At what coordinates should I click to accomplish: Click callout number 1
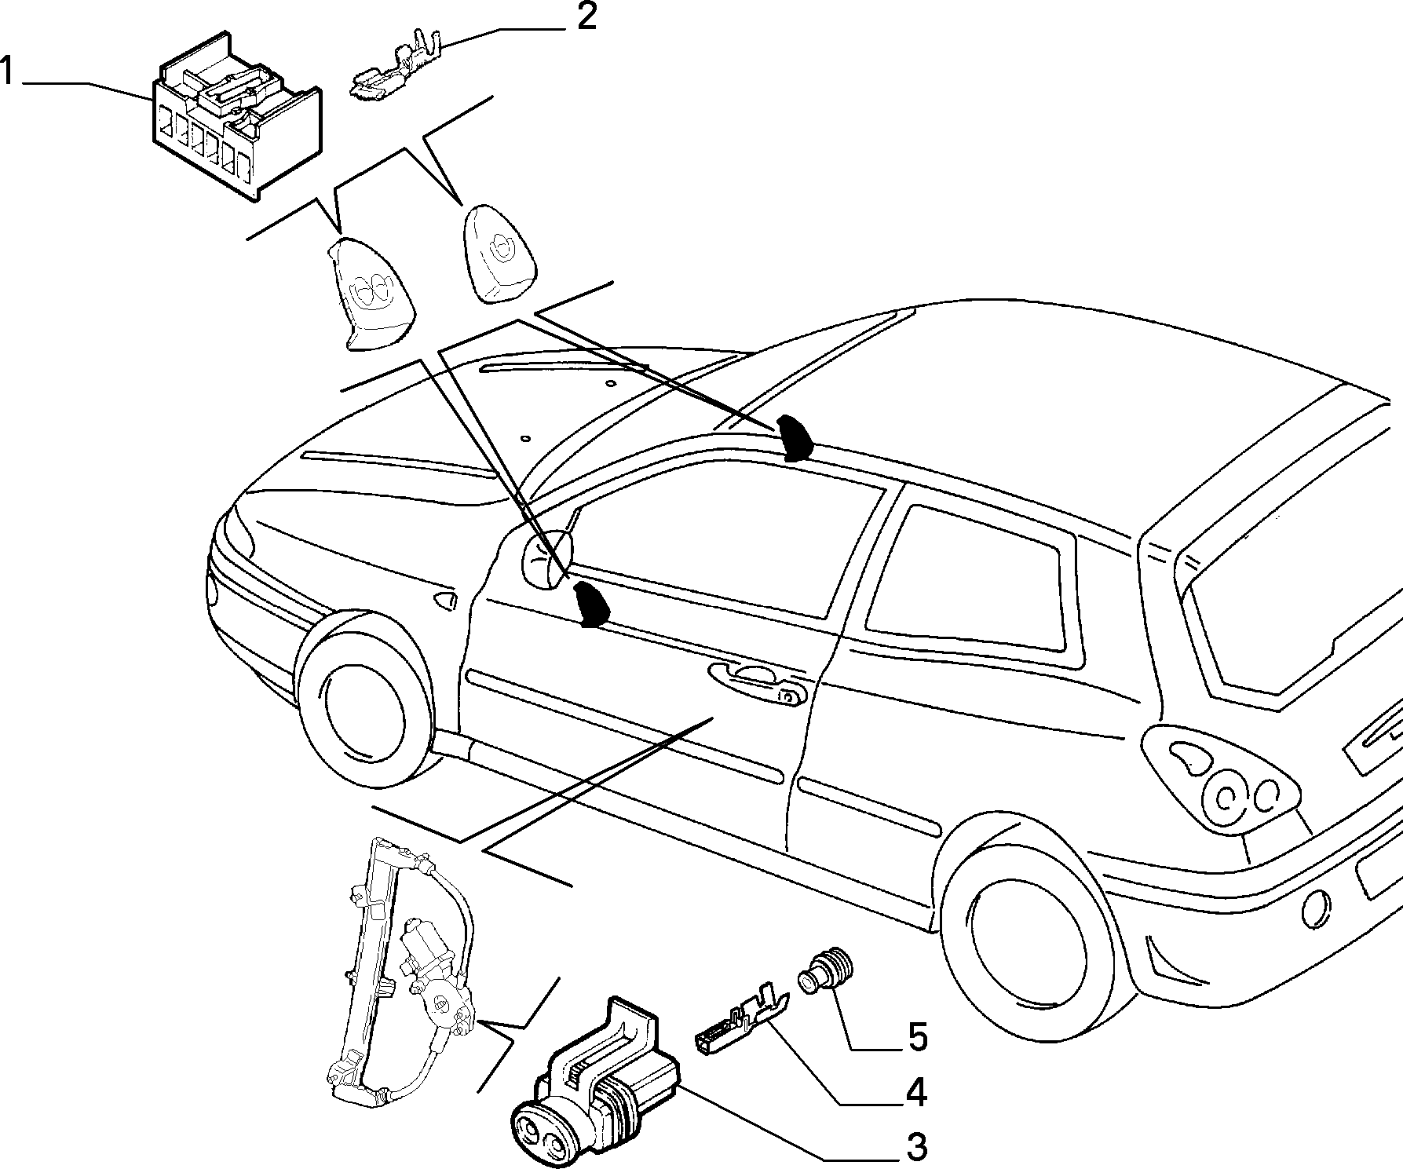click(9, 72)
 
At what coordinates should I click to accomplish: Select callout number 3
click(915, 1147)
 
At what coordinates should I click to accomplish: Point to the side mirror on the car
click(547, 558)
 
